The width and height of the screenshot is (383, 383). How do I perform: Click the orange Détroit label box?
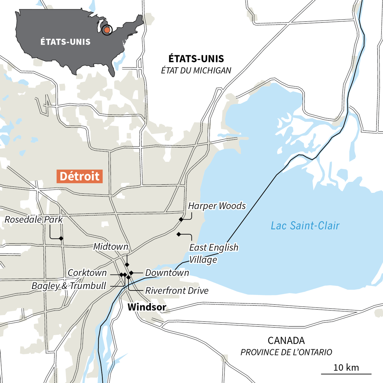[x=80, y=176]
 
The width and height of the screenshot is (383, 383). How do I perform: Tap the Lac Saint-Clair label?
[x=305, y=226]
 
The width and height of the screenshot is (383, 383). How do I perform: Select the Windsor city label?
[x=147, y=307]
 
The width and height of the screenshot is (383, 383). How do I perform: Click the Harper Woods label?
[x=217, y=206]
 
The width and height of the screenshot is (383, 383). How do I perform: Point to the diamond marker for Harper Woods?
[x=181, y=219]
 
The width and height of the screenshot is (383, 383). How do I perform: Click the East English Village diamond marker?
[x=179, y=234]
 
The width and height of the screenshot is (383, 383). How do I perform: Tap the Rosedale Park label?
[x=34, y=219]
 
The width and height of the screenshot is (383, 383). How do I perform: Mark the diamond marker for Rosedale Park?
[x=61, y=239]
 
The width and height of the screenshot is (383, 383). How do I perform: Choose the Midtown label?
[x=111, y=247]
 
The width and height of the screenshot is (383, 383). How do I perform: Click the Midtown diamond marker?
[x=127, y=265]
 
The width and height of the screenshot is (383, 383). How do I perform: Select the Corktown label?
[x=87, y=273]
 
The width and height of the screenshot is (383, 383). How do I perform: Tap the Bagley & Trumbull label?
[x=69, y=286]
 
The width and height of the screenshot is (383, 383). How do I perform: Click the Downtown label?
[x=167, y=273]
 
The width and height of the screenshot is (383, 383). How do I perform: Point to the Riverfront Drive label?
[x=177, y=291]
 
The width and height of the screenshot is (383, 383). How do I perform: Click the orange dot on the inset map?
[x=107, y=30]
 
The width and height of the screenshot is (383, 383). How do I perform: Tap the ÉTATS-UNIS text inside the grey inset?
[x=65, y=42]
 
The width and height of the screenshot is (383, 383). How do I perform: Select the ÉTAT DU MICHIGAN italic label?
[x=196, y=71]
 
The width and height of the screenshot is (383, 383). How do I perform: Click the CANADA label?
[x=286, y=341]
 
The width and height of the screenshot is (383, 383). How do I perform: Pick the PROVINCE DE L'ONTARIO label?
[x=286, y=352]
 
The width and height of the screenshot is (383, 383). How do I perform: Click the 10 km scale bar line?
[x=346, y=374]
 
